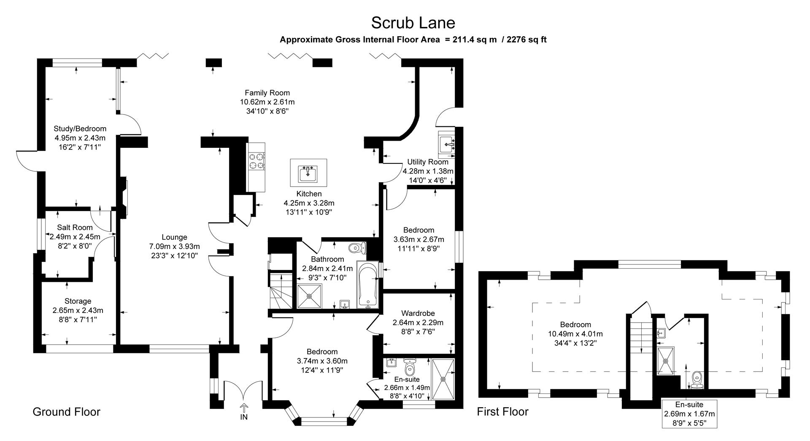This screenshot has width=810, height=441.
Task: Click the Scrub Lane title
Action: tap(413, 22)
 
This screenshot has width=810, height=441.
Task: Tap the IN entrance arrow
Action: tap(244, 408)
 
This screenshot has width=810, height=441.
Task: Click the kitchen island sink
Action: tap(308, 173)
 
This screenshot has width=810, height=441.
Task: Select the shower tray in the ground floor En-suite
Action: tap(443, 379)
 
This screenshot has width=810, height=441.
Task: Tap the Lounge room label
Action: tap(174, 237)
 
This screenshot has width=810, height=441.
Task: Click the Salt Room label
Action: tap(75, 227)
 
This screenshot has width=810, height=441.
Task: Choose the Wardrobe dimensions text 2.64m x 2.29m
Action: tap(418, 323)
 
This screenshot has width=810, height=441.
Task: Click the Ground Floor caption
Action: tap(67, 412)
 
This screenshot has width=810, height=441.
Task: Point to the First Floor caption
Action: tap(502, 412)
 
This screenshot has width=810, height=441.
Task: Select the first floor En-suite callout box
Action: tap(689, 414)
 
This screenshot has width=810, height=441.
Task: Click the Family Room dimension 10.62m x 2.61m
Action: tap(267, 102)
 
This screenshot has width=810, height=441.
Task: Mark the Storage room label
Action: tap(78, 301)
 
